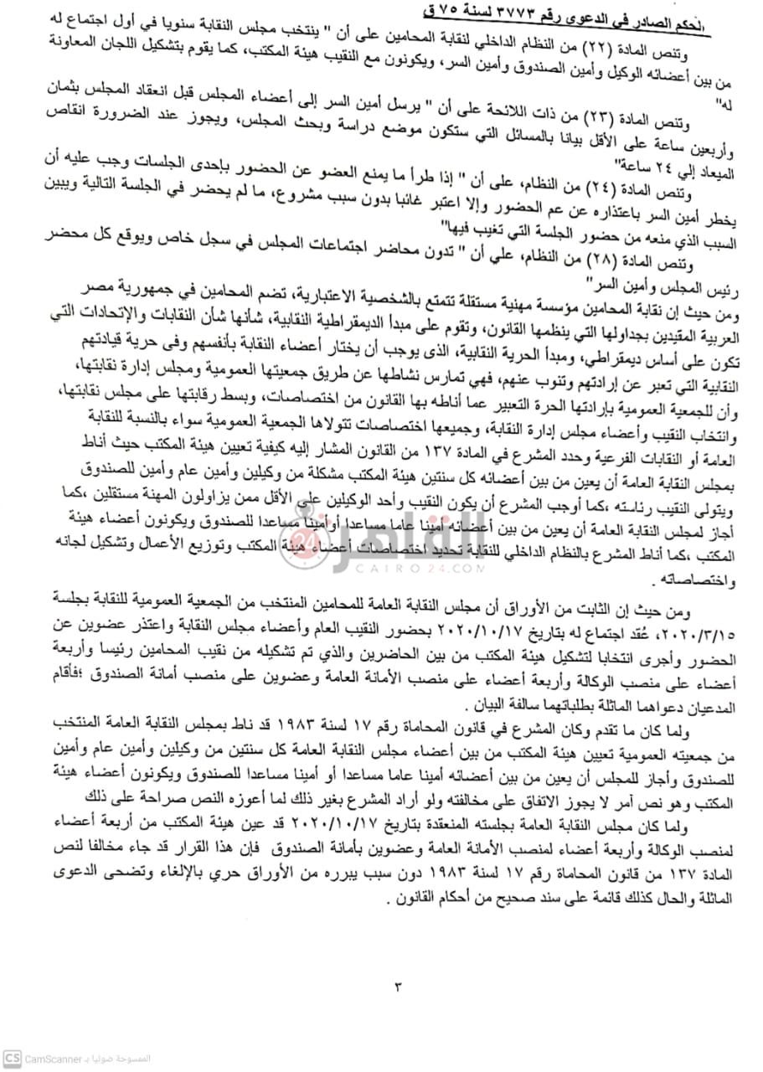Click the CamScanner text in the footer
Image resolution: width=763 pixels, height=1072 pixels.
47,1058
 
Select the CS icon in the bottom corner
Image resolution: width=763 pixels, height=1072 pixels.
11,1057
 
